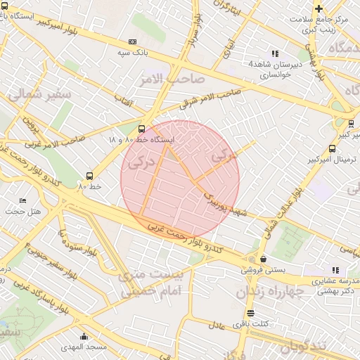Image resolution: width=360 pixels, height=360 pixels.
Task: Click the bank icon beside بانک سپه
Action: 133,42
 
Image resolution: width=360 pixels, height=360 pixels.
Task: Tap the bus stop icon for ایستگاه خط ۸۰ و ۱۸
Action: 142,129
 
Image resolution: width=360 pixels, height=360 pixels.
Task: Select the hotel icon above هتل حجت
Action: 22,201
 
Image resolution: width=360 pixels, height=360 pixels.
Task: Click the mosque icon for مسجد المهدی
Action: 84,336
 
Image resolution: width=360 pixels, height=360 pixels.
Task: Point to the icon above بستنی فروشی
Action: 263,258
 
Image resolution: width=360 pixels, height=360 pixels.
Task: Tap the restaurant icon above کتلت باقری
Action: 251,313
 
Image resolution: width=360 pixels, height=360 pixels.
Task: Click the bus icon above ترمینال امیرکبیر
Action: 331,148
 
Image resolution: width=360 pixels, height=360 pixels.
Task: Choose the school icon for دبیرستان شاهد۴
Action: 275,53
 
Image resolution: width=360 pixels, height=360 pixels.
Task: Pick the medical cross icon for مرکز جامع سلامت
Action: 319,8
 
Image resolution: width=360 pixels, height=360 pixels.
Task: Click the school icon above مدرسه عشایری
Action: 335,270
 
